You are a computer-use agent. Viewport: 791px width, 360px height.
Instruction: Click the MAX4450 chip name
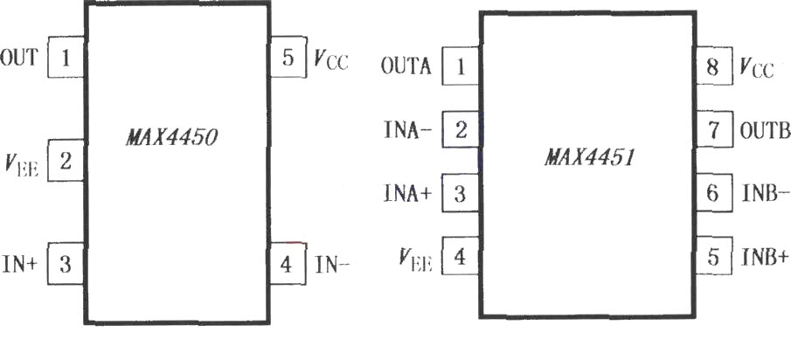pyautogui.click(x=171, y=136)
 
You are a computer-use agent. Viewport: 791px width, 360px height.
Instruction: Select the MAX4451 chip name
pyautogui.click(x=588, y=158)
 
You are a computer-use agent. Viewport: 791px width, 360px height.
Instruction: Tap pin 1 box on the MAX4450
pyautogui.click(x=66, y=58)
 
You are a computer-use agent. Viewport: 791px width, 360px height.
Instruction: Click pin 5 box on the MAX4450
pyautogui.click(x=288, y=57)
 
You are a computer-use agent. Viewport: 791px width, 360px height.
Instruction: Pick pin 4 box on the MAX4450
pyautogui.click(x=288, y=264)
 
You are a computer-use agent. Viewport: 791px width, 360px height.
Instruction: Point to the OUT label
pyautogui.click(x=18, y=58)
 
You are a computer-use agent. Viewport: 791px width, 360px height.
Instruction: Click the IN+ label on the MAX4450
pyautogui.click(x=20, y=264)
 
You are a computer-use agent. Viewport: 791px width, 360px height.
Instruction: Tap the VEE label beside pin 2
pyautogui.click(x=21, y=164)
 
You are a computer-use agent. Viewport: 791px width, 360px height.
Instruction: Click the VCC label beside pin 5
pyautogui.click(x=331, y=60)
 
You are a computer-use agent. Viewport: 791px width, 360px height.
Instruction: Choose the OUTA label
pyautogui.click(x=406, y=66)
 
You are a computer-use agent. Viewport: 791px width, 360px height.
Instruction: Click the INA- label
pyautogui.click(x=408, y=130)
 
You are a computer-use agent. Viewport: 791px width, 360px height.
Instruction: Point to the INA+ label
pyautogui.click(x=408, y=194)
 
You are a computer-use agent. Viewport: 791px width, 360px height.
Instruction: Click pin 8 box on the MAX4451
pyautogui.click(x=713, y=66)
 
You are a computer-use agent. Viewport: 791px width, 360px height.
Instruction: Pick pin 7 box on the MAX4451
pyautogui.click(x=713, y=129)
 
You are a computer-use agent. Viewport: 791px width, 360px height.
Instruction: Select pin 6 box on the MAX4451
pyautogui.click(x=713, y=193)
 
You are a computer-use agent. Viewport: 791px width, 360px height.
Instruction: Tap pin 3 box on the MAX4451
pyautogui.click(x=460, y=193)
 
